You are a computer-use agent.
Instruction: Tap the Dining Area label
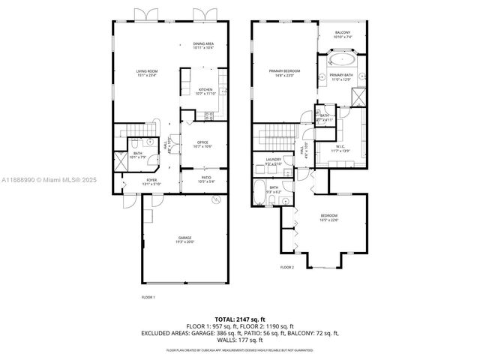point(203,46)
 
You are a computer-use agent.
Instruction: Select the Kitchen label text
point(205,91)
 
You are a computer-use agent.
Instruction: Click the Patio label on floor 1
point(205,180)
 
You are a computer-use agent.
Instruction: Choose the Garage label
point(185,240)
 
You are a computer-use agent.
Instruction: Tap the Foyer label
point(151,181)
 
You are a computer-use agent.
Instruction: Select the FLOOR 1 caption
point(148,297)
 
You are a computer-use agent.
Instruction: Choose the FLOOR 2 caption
point(287,267)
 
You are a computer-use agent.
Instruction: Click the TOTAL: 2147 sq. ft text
point(240,319)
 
